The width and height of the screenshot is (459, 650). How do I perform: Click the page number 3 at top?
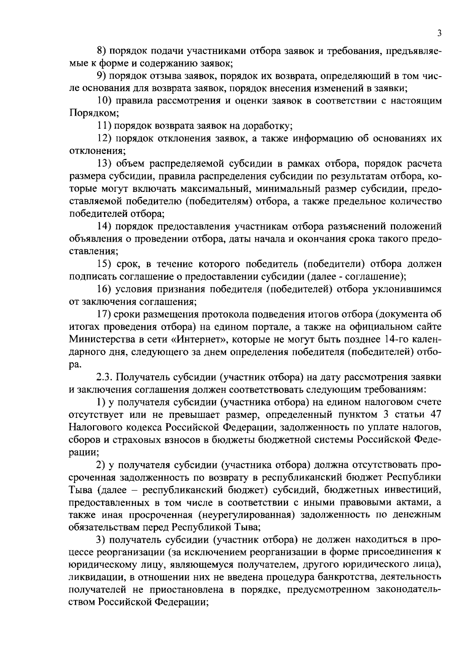pos(439,34)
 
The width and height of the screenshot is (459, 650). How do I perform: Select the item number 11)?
pos(102,126)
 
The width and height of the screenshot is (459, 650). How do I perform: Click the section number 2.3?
pos(103,377)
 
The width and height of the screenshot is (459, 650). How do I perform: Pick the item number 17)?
pos(103,314)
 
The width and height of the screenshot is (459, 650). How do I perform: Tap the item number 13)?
pos(103,164)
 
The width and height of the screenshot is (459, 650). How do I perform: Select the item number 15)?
pos(103,264)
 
